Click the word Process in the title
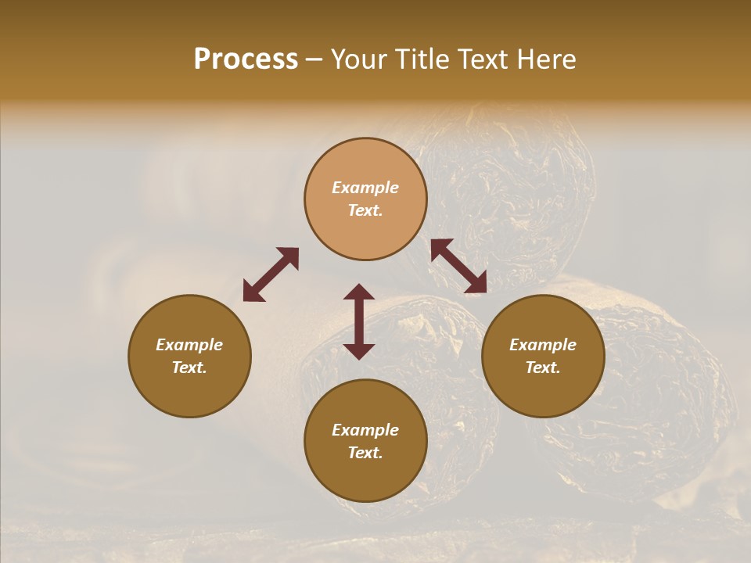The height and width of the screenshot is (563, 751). [246, 59]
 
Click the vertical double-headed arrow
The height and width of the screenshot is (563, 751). [359, 321]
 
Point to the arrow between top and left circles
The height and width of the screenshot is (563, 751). [271, 274]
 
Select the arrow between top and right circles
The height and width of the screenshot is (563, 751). [458, 266]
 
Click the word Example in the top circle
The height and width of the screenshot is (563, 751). [365, 188]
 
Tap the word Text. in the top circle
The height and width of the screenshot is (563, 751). [365, 210]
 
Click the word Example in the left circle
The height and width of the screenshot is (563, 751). [189, 345]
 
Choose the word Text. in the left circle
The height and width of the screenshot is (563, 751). [189, 368]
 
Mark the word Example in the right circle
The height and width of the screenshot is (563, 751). [543, 345]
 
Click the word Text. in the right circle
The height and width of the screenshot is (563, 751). [543, 368]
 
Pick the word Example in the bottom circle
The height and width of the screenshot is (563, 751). [365, 430]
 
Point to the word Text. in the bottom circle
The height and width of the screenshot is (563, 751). [365, 453]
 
